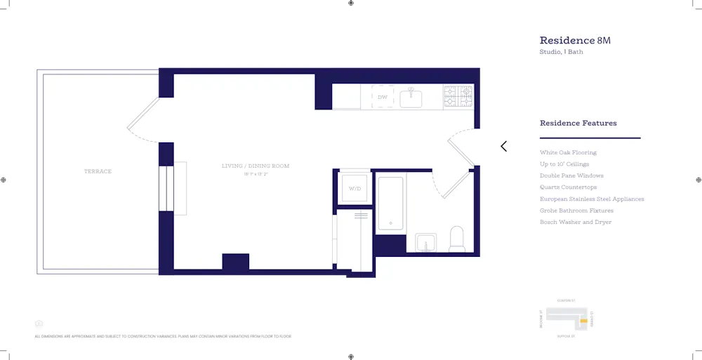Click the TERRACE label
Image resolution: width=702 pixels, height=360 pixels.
(98, 171)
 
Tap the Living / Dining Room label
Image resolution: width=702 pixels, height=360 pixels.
(256, 166)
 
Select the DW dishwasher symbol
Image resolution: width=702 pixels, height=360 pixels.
(383, 97)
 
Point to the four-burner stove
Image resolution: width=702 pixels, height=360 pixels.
(458, 96)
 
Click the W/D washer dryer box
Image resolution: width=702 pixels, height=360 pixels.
(355, 187)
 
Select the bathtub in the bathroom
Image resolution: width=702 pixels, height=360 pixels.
(390, 203)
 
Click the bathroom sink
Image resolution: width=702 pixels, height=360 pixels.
(425, 243)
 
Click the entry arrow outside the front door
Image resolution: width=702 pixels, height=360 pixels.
(503, 146)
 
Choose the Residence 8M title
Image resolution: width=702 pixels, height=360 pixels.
(575, 41)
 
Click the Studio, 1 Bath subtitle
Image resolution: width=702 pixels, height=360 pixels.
(561, 52)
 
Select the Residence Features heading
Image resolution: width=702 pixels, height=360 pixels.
(578, 123)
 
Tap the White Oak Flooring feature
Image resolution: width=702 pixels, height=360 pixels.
(568, 152)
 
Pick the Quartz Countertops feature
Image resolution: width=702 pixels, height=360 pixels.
(568, 187)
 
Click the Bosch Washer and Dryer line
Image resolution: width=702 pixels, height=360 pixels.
(575, 222)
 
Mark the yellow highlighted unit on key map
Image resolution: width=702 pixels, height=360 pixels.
(583, 321)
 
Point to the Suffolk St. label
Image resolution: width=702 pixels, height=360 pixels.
(566, 336)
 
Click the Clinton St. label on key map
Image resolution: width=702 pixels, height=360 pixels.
(566, 300)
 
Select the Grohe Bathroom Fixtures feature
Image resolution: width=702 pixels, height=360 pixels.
(576, 211)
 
